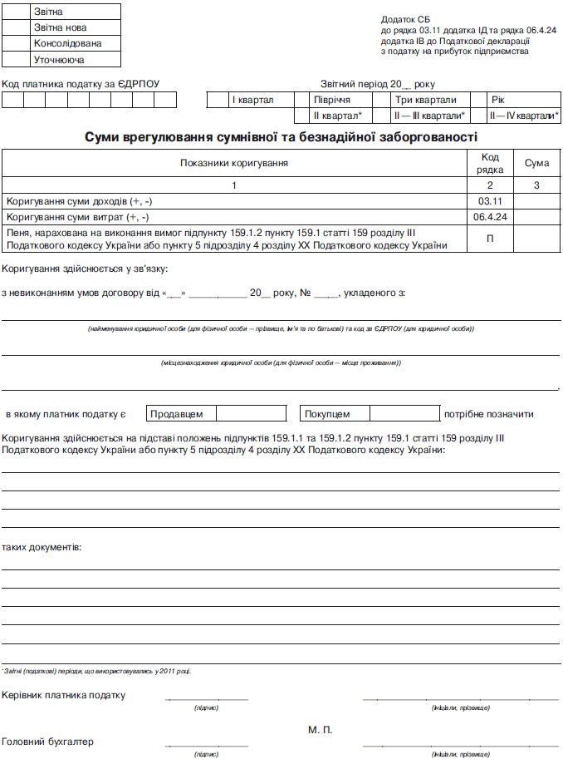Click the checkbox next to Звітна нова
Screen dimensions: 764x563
[x=17, y=27]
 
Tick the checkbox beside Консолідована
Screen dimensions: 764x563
[x=17, y=43]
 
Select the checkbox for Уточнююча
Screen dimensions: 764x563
[x=17, y=60]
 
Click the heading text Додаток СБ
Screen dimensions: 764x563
[x=405, y=18]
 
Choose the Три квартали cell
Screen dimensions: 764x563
[x=425, y=101]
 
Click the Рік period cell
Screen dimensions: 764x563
[x=498, y=101]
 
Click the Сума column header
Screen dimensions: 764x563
[x=536, y=164]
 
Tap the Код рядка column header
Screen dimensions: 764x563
[x=490, y=163]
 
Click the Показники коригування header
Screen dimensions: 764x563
[x=234, y=163]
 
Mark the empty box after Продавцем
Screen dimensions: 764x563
[x=250, y=413]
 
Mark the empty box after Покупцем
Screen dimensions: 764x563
[x=404, y=413]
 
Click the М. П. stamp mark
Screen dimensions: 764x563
[x=320, y=729]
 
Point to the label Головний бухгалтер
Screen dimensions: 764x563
[x=48, y=742]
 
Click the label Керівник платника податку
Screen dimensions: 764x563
[x=64, y=695]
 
